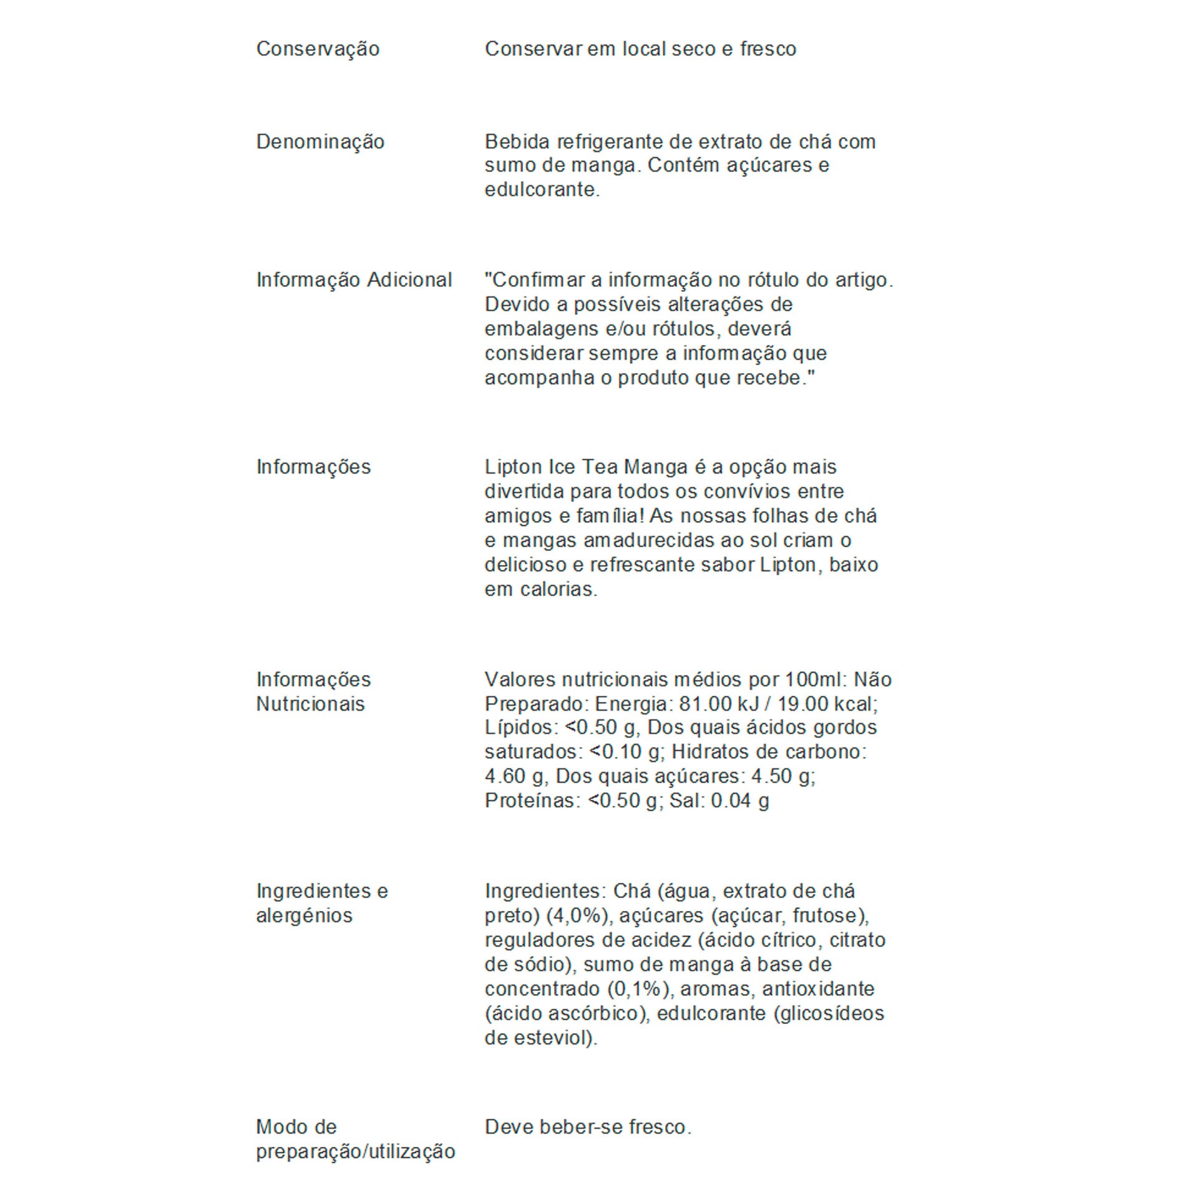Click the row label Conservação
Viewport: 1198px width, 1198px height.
click(x=318, y=49)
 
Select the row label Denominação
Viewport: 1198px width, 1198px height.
click(x=320, y=142)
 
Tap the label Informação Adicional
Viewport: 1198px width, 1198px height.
click(x=354, y=280)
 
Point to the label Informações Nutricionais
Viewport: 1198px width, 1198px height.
click(x=313, y=691)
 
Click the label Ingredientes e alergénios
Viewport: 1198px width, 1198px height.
click(x=322, y=903)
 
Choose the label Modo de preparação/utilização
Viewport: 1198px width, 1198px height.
click(x=356, y=1139)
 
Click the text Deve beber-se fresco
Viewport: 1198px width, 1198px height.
click(x=588, y=1127)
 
